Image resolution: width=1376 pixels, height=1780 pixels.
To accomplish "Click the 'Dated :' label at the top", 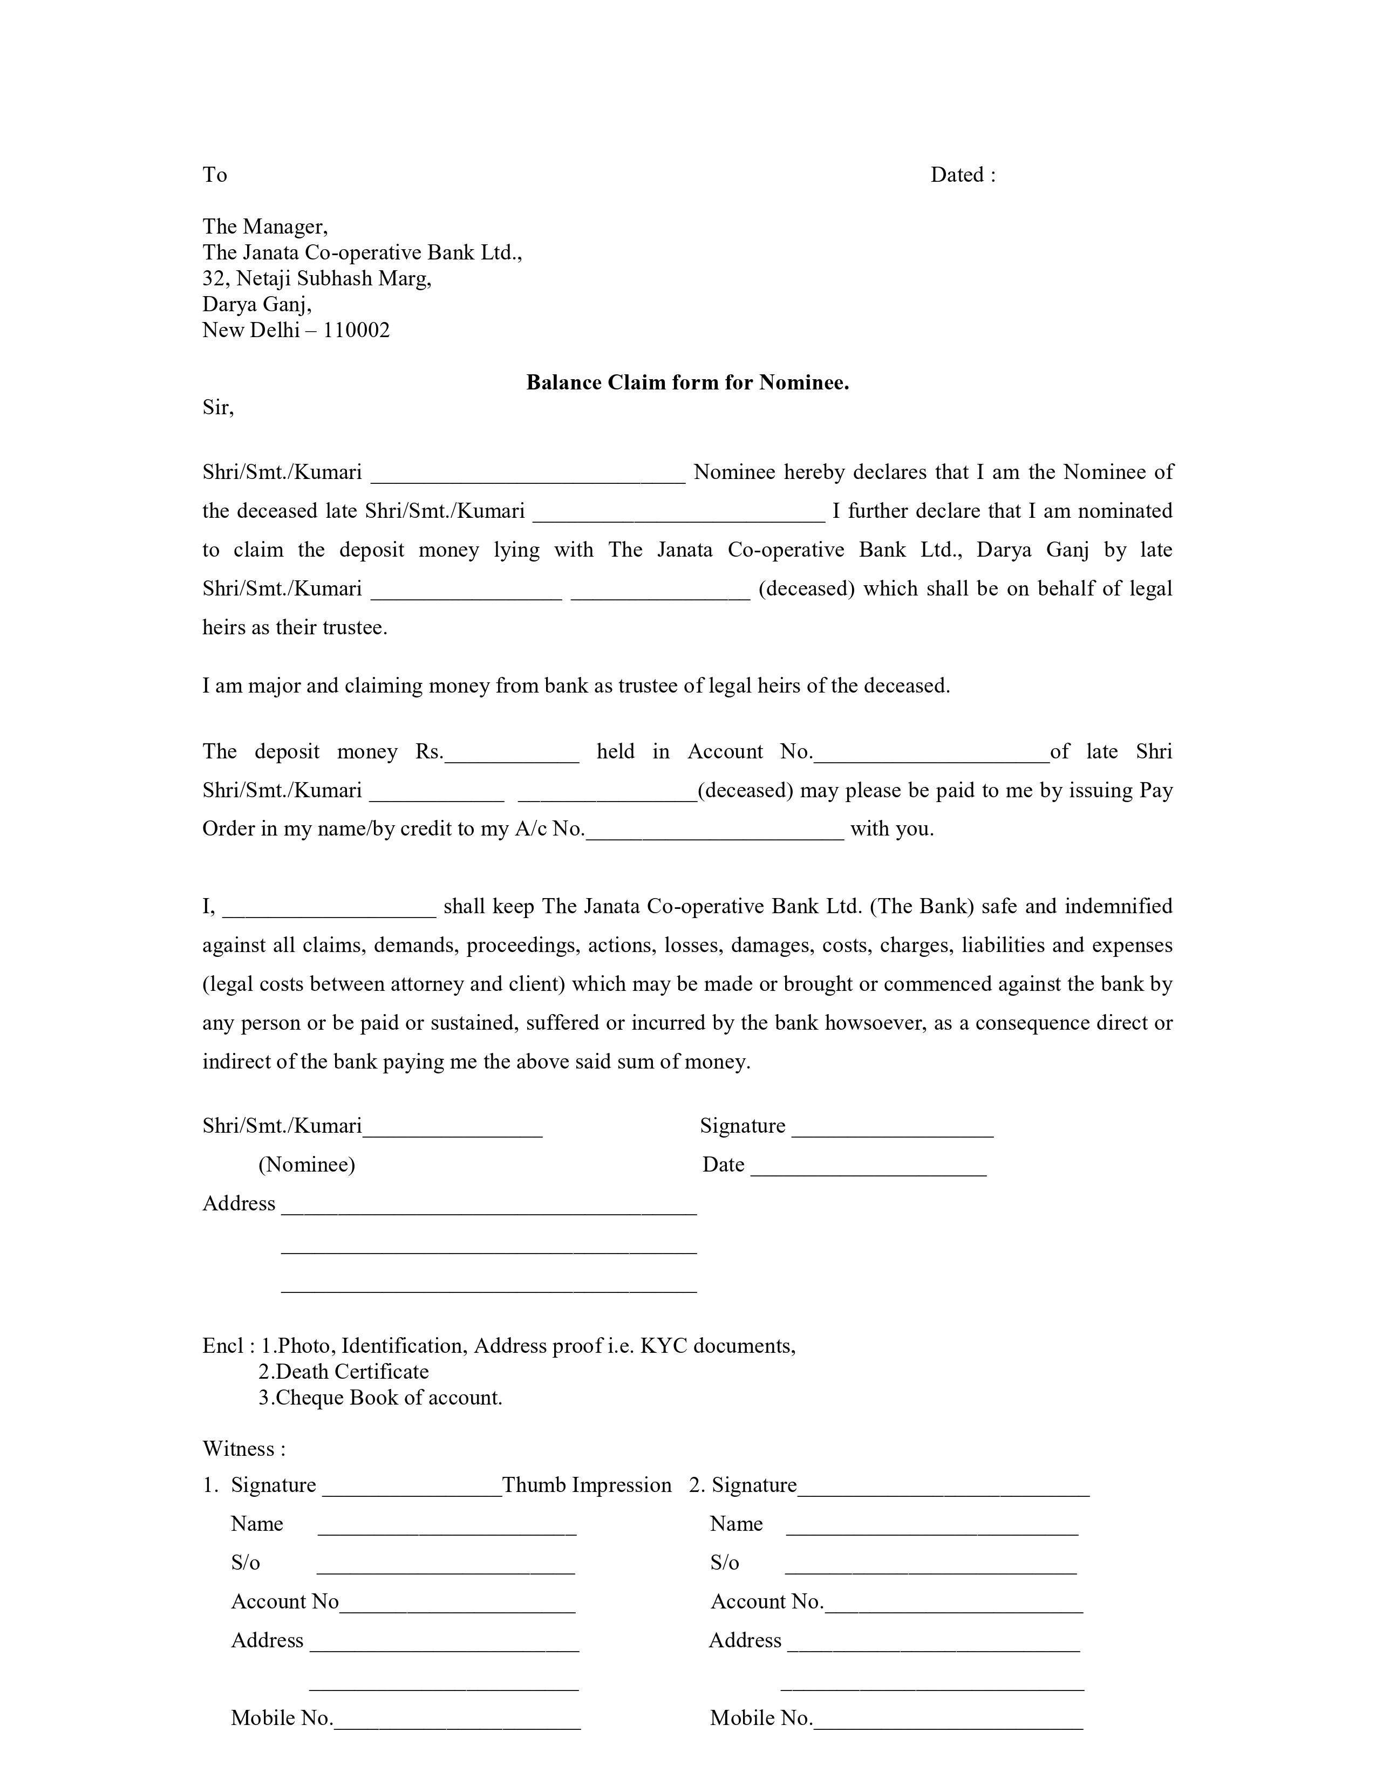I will [963, 175].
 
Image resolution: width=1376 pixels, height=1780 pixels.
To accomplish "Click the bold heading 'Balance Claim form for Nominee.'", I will [687, 382].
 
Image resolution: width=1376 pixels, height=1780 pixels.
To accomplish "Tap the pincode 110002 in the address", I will [356, 330].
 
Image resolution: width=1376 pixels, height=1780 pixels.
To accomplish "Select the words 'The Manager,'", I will [265, 227].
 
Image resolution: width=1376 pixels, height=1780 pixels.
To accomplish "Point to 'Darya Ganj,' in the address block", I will [257, 304].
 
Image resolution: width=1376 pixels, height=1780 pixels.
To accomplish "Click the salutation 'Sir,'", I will [217, 407].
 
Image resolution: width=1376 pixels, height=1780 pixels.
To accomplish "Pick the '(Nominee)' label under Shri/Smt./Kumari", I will [306, 1165].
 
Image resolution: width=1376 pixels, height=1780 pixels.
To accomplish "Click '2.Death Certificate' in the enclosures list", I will [343, 1372].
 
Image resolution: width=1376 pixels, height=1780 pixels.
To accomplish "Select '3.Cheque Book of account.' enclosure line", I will [380, 1398].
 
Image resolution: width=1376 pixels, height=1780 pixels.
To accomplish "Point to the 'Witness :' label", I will [244, 1449].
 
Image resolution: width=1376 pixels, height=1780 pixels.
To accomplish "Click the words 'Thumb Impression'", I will [587, 1485].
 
